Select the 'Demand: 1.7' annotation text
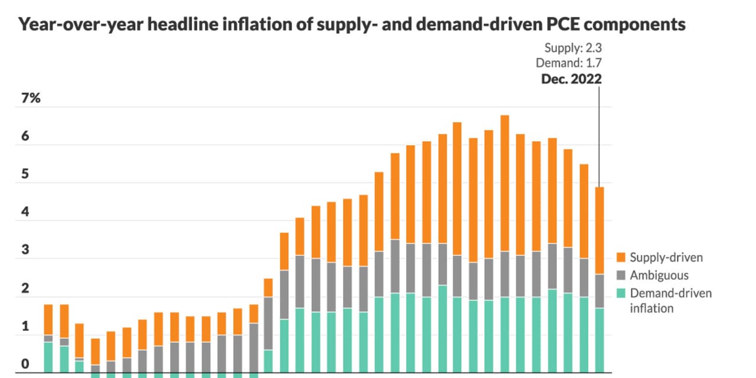(x=569, y=63)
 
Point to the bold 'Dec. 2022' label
(x=571, y=78)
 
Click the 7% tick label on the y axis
(x=31, y=99)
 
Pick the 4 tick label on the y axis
(x=25, y=212)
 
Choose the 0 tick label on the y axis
(x=25, y=364)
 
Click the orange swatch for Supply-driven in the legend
(x=621, y=258)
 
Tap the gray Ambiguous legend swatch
(x=621, y=275)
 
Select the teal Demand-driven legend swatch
(x=621, y=293)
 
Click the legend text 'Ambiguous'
(x=659, y=275)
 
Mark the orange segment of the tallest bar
(x=504, y=183)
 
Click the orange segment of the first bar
(x=48, y=320)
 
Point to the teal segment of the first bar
(x=48, y=357)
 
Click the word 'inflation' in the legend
(x=651, y=308)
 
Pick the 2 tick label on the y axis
(x=25, y=289)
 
